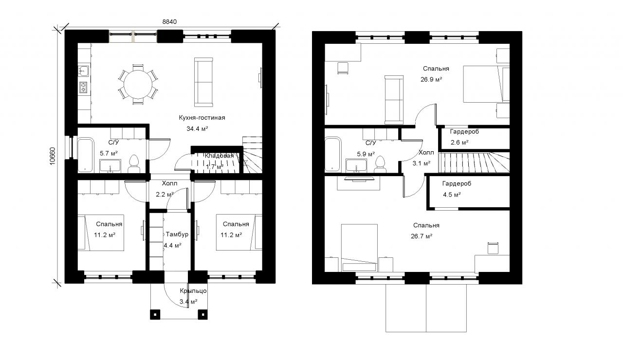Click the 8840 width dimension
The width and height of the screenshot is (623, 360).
[x=169, y=22]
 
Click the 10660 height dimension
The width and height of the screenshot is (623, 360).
[x=52, y=156]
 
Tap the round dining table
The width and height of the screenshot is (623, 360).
[x=138, y=84]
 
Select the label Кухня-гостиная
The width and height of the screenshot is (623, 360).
[x=202, y=118]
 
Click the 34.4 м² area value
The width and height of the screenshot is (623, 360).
[x=198, y=129]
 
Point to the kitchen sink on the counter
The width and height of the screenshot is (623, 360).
[x=83, y=71]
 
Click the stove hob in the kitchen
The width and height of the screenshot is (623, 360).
[x=83, y=87]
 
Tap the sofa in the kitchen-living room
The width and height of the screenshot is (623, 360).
[x=203, y=82]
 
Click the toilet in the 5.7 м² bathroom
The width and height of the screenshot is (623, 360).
[x=134, y=164]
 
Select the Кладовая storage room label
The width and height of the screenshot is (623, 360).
[x=219, y=156]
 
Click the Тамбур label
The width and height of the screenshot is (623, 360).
[x=177, y=234]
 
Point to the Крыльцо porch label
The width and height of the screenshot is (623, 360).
[x=193, y=291]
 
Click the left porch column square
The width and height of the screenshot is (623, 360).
[x=155, y=314]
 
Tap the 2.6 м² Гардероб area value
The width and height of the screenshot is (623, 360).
[x=459, y=143]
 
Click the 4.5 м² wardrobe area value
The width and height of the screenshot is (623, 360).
[x=452, y=195]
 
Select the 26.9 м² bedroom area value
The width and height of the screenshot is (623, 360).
[x=431, y=79]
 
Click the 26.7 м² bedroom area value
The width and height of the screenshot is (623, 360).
[x=421, y=236]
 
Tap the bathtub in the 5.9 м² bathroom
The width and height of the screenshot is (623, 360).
[x=333, y=154]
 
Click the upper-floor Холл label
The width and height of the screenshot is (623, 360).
[x=426, y=152]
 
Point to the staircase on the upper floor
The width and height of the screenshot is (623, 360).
[x=474, y=162]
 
